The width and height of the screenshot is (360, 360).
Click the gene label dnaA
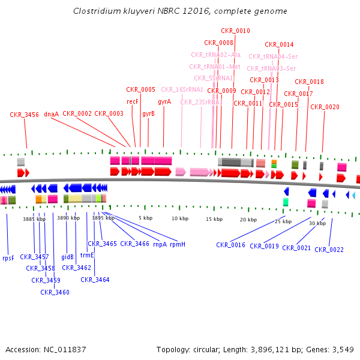(52, 114)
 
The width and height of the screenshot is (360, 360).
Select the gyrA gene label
(164, 102)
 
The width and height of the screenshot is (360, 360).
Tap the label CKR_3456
(25, 115)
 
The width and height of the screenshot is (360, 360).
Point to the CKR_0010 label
(235, 31)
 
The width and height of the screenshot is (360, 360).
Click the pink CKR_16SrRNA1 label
(182, 90)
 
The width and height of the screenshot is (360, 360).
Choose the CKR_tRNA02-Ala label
(215, 55)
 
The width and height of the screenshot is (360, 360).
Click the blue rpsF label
(8, 258)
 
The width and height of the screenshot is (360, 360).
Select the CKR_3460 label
(55, 292)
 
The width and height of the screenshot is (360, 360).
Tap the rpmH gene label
(177, 244)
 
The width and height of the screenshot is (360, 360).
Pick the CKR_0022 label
(329, 250)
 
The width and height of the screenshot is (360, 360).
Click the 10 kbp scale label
(180, 218)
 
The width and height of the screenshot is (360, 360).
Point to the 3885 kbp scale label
(34, 219)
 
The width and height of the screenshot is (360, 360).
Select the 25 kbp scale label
(283, 221)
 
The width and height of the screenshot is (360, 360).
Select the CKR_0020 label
(325, 107)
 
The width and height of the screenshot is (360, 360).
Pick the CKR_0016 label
(231, 245)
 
